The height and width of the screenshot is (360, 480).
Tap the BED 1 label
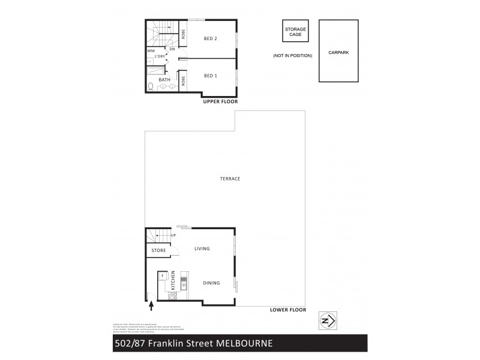click(x=210, y=76)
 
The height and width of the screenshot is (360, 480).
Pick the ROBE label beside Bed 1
click(x=183, y=80)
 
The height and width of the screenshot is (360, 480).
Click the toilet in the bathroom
click(x=150, y=86)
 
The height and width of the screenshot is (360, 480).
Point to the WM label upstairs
click(x=150, y=51)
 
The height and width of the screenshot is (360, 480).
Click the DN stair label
click(x=172, y=49)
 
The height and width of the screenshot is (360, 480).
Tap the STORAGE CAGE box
click(x=295, y=31)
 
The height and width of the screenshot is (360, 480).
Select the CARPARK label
click(x=338, y=52)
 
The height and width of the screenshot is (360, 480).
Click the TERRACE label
click(x=230, y=179)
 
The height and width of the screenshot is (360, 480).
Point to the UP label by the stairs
click(x=173, y=235)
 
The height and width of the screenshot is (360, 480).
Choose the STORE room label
click(x=158, y=250)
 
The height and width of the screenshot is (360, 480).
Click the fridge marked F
click(x=161, y=276)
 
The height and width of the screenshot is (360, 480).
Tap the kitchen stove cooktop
click(x=173, y=295)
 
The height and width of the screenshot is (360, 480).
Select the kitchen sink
click(x=184, y=285)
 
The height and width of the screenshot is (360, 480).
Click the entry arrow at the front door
click(x=151, y=307)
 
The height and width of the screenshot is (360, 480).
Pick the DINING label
click(x=211, y=283)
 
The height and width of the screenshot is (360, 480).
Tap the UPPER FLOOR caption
click(x=220, y=102)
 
